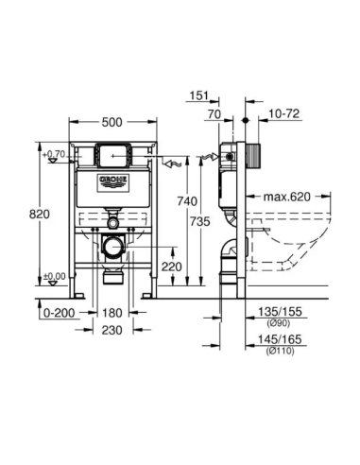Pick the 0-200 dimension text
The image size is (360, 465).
click(x=60, y=312)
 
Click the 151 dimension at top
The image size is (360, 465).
click(x=197, y=95)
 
